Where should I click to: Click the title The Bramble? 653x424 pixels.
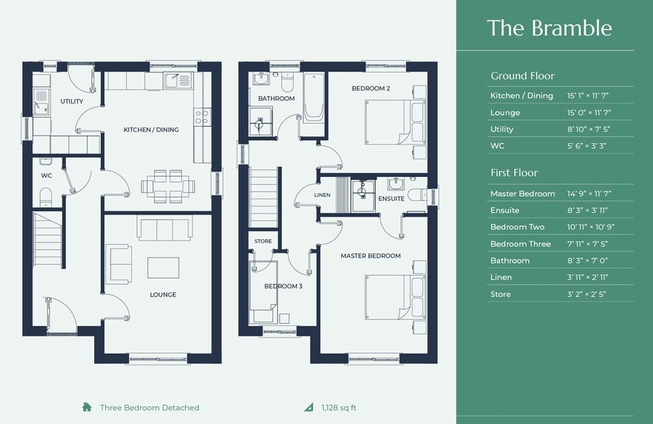(549, 28)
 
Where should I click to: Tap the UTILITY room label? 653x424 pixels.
(71, 101)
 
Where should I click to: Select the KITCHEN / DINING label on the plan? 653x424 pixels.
(151, 129)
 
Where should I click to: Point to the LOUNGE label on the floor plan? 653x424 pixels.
(163, 295)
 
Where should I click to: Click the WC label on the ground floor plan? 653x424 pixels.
(46, 176)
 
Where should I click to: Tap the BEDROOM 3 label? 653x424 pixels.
(283, 286)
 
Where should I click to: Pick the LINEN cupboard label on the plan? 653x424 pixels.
(322, 195)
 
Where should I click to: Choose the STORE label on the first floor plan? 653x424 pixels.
(263, 241)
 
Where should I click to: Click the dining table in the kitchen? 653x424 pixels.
(168, 186)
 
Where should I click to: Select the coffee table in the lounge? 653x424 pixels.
(163, 268)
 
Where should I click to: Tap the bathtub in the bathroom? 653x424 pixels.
(314, 98)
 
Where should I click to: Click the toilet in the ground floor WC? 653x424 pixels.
(46, 197)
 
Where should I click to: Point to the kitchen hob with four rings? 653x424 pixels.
(202, 116)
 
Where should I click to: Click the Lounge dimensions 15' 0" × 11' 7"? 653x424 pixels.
(588, 112)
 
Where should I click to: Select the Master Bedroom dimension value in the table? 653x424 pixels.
(589, 194)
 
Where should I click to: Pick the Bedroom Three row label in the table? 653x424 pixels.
(520, 244)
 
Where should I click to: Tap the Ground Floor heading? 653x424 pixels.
(522, 76)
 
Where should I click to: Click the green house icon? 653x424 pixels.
(87, 407)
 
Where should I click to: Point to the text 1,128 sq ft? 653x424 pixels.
(339, 408)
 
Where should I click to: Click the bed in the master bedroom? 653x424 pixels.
(396, 297)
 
